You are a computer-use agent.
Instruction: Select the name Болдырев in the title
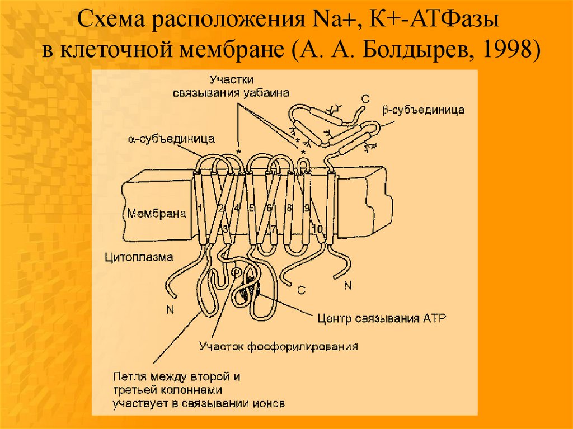(x=411, y=51)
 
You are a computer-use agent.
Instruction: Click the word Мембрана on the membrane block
(x=156, y=213)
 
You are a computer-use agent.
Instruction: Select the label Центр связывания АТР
(x=381, y=319)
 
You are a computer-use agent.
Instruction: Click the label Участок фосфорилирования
(x=278, y=346)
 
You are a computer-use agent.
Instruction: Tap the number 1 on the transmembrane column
(x=199, y=209)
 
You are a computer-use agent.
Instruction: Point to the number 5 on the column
(x=252, y=208)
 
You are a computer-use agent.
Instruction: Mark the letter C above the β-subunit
(x=365, y=99)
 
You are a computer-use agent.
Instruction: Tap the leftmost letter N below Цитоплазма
(x=170, y=309)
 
